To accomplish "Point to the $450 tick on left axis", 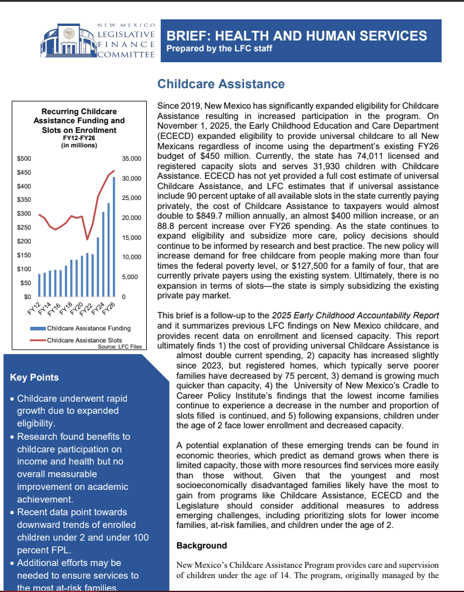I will pos(24,173).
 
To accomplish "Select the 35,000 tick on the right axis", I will pos(131,159).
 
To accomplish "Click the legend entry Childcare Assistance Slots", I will pos(86,341).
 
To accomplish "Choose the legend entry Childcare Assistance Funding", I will pos(88,329).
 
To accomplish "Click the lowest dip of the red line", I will pos(88,239).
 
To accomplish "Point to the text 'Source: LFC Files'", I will pos(120,347).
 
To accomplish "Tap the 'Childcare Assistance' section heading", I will pos(221,84).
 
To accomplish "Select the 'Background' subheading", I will pos(201,545).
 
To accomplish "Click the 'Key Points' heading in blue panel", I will pos(34,378).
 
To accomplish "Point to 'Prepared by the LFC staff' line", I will pos(219,49).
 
